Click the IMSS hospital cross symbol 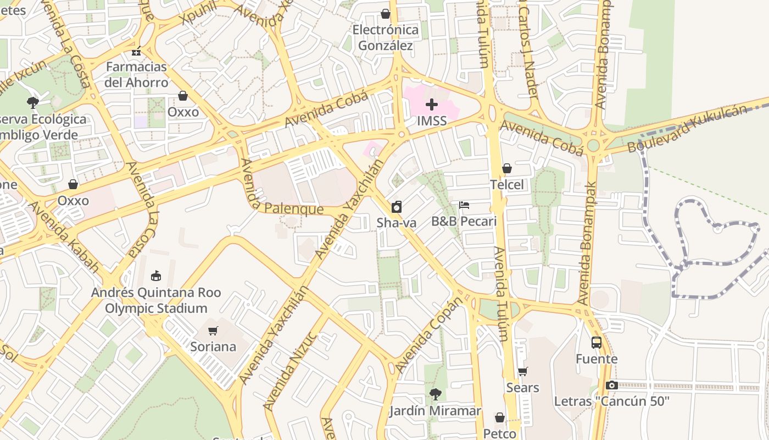432,104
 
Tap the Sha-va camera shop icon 396,207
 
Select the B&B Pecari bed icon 464,205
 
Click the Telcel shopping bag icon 506,168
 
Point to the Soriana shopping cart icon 213,331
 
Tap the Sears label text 522,388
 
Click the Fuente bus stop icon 597,343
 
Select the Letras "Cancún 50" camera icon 612,386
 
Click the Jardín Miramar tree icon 435,394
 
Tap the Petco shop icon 500,418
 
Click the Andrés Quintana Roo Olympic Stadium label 156,300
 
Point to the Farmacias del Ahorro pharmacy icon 136,51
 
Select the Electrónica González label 385,37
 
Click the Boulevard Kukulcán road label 687,129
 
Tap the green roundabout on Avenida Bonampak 593,146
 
